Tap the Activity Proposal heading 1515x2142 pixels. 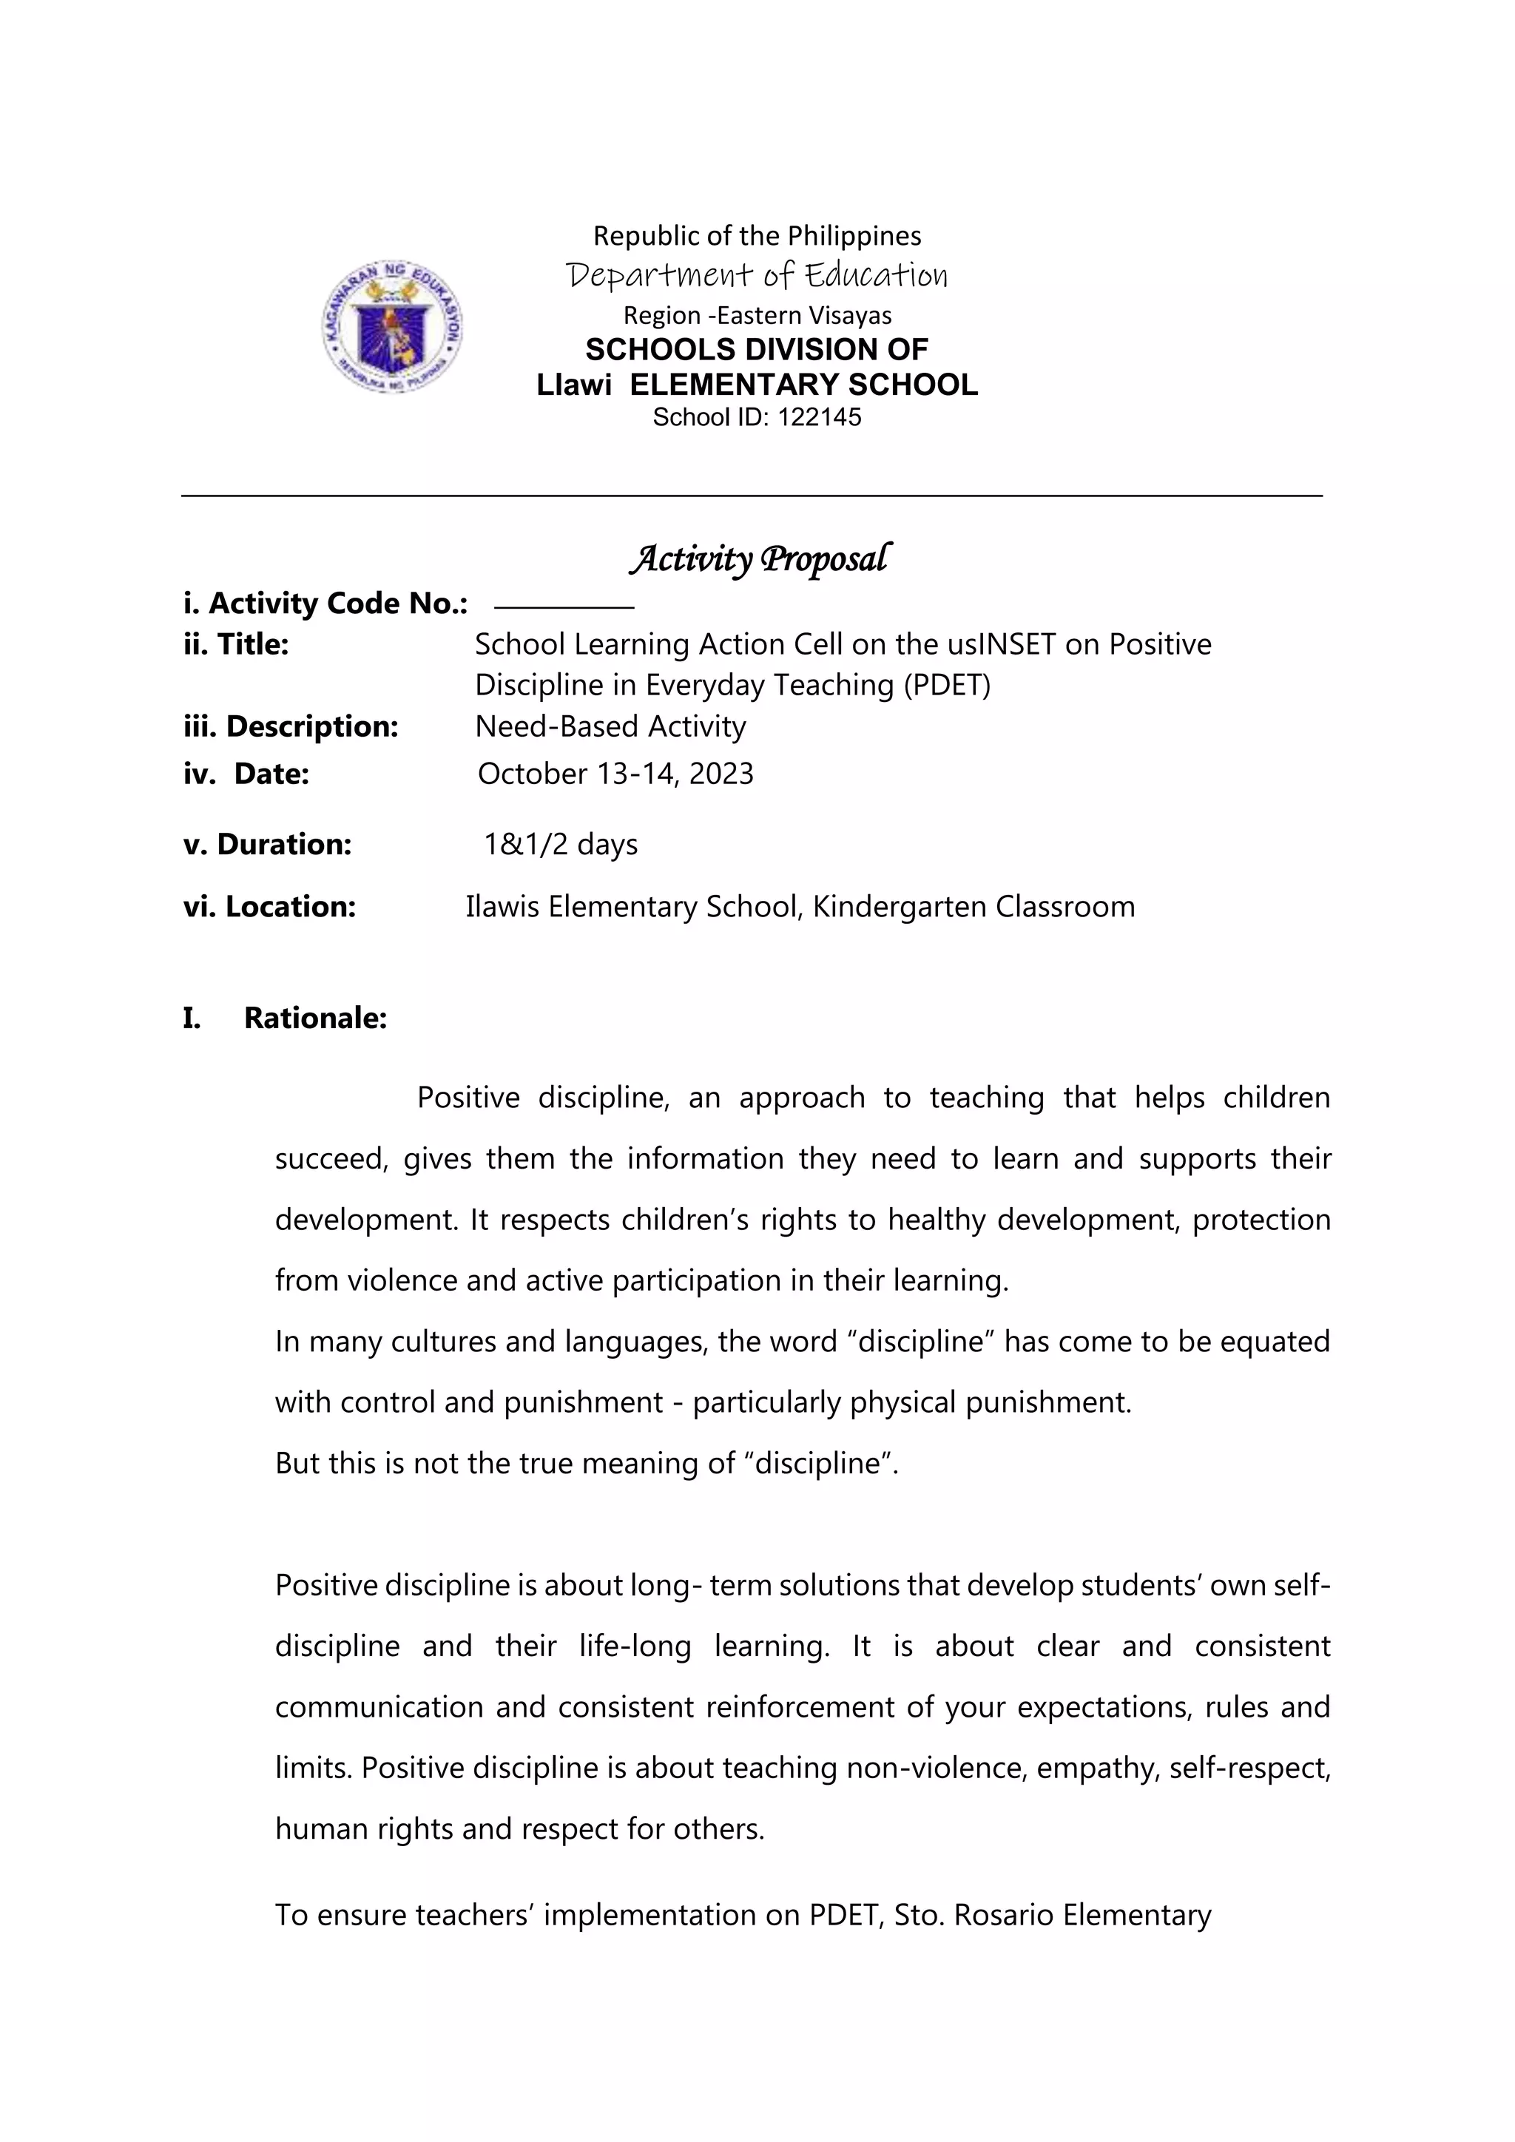tap(760, 559)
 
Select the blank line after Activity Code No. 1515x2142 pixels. tap(564, 607)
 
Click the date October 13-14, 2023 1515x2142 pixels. tap(615, 774)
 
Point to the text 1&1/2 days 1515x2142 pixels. tap(560, 844)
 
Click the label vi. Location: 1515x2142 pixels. tap(269, 907)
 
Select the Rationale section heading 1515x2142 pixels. tap(314, 1018)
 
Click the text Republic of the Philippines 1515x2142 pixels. tap(757, 235)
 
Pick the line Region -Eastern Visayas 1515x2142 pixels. tap(757, 315)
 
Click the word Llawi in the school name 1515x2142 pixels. tap(574, 385)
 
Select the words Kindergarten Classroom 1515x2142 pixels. tap(973, 907)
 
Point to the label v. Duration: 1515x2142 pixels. tap(267, 844)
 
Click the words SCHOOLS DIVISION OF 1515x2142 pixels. tap(757, 350)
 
